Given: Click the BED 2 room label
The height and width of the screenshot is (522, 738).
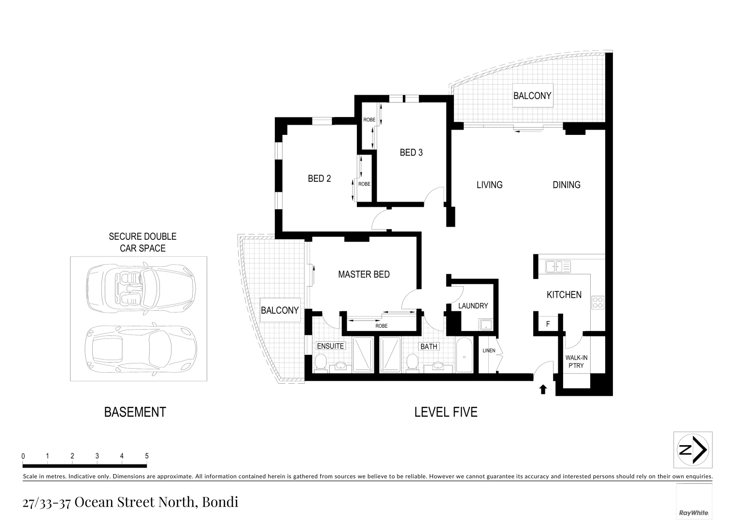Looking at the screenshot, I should pyautogui.click(x=319, y=179).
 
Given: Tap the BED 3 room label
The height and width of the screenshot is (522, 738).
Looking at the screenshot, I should pyautogui.click(x=411, y=153).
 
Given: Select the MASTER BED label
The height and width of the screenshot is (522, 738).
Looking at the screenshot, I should pyautogui.click(x=364, y=275).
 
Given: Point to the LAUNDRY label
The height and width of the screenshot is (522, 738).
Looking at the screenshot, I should pyautogui.click(x=473, y=306).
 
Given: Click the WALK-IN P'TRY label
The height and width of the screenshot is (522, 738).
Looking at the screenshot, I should pyautogui.click(x=576, y=362).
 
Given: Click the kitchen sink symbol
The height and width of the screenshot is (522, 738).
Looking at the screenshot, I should pyautogui.click(x=558, y=266).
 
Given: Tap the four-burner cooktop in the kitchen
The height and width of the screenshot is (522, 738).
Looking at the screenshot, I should pyautogui.click(x=597, y=303).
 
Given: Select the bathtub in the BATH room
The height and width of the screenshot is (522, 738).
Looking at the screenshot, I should pyautogui.click(x=464, y=356).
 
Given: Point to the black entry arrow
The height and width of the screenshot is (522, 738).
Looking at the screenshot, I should pyautogui.click(x=543, y=389).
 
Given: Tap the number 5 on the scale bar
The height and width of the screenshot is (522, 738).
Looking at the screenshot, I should pyautogui.click(x=147, y=456).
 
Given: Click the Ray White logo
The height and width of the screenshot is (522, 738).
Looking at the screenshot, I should pyautogui.click(x=694, y=513).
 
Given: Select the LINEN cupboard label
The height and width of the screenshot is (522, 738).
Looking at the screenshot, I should pyautogui.click(x=489, y=350).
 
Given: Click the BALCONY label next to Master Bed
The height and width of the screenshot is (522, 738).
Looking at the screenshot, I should pyautogui.click(x=280, y=310).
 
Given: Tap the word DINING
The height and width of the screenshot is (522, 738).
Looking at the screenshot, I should pyautogui.click(x=566, y=185).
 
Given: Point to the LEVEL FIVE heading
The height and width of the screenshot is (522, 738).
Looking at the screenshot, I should pyautogui.click(x=446, y=412).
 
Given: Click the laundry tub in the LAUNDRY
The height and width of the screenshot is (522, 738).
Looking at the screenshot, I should pyautogui.click(x=484, y=324).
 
